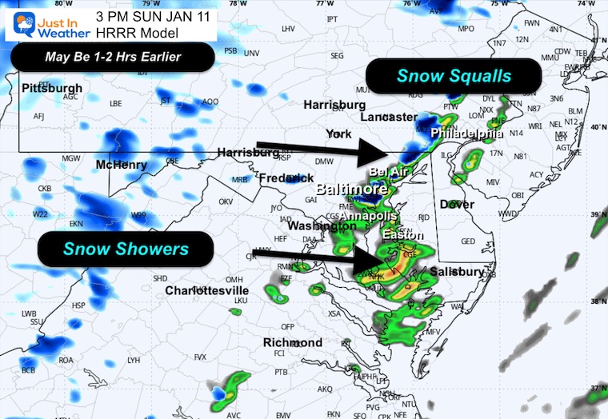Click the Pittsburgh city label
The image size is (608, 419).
click(52, 87)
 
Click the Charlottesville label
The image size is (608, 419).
click(207, 290)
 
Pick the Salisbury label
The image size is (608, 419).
click(458, 272)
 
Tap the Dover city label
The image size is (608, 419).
click(457, 205)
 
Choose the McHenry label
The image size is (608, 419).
click(122, 165)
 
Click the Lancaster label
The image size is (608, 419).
click(389, 117)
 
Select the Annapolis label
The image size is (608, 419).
click(364, 216)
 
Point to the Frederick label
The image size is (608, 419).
click(287, 178)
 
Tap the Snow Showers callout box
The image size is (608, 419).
click(126, 249)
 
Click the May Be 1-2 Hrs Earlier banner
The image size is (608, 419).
click(113, 58)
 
